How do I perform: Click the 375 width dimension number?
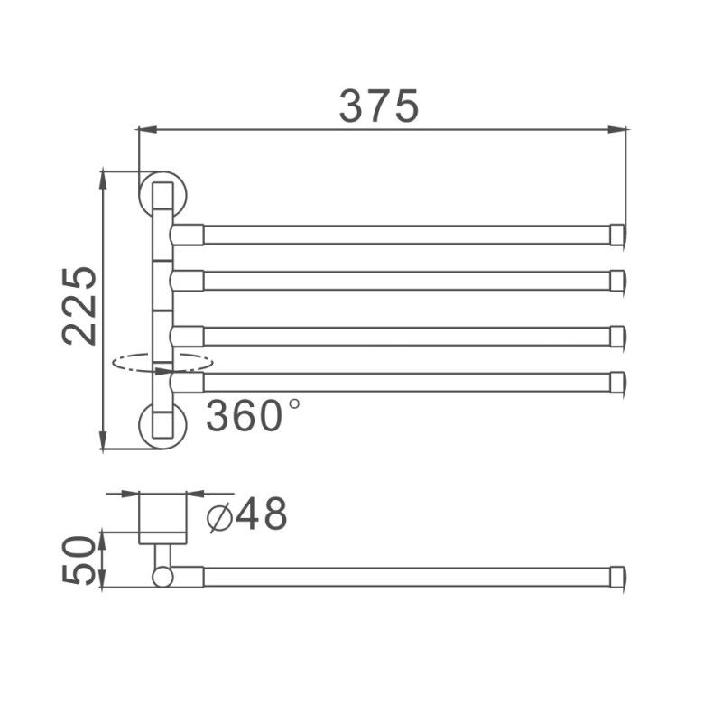tap(379, 106)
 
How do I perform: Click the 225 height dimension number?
tap(81, 305)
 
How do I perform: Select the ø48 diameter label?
tap(247, 515)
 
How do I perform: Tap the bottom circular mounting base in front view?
tap(162, 425)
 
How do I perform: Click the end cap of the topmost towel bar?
tap(617, 235)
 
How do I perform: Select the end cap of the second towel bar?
tap(617, 281)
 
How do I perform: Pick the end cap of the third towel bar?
tap(617, 336)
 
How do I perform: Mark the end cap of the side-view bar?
tap(617, 576)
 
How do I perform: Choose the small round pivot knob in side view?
tap(162, 576)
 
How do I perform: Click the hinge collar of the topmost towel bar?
tap(188, 235)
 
